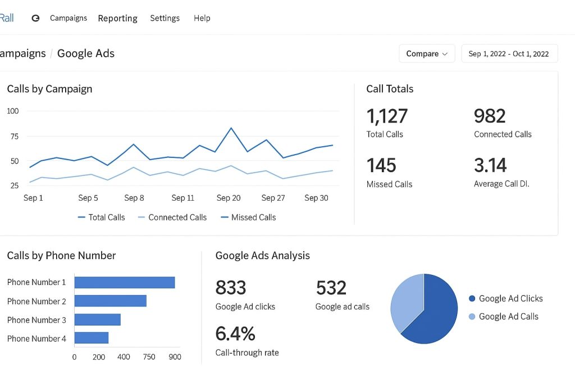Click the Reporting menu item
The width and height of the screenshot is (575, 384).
[x=117, y=18]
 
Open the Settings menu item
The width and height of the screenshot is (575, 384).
[x=165, y=18]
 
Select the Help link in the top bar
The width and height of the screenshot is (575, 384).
[x=202, y=18]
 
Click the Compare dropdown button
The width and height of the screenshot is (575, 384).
[x=427, y=53]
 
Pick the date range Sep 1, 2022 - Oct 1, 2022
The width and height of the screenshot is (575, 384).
[x=509, y=53]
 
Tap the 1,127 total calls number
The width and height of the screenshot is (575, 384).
[x=387, y=116]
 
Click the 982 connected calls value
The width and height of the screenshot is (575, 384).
[x=490, y=116]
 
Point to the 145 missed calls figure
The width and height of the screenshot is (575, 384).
[x=381, y=165]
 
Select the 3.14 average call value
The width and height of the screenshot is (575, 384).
[x=490, y=165]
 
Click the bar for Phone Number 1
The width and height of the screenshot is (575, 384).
[x=124, y=282]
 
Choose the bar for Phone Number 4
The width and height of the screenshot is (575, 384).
[x=91, y=338]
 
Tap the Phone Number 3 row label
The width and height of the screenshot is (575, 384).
[x=36, y=320]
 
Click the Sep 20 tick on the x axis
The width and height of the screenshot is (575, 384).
[x=229, y=198]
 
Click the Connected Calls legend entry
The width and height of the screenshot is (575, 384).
[x=172, y=217]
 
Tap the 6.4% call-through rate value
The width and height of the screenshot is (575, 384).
[x=235, y=334]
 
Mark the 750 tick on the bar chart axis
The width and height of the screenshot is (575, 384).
[x=149, y=356]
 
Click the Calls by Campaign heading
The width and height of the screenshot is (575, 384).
[x=49, y=89]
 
